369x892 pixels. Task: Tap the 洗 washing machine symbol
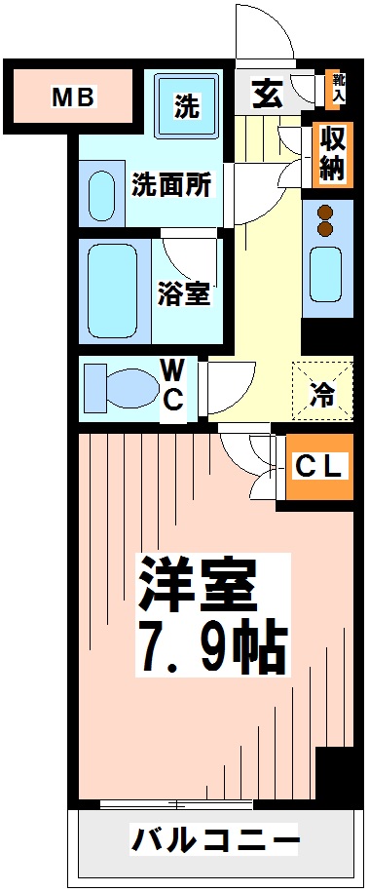pos(187,106)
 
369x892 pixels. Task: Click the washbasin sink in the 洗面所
pos(102,195)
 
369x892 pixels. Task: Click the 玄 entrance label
pos(265,94)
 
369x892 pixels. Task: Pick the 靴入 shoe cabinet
pos(338,88)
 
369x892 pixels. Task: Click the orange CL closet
pos(318,467)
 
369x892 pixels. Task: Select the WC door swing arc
pos(230,385)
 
